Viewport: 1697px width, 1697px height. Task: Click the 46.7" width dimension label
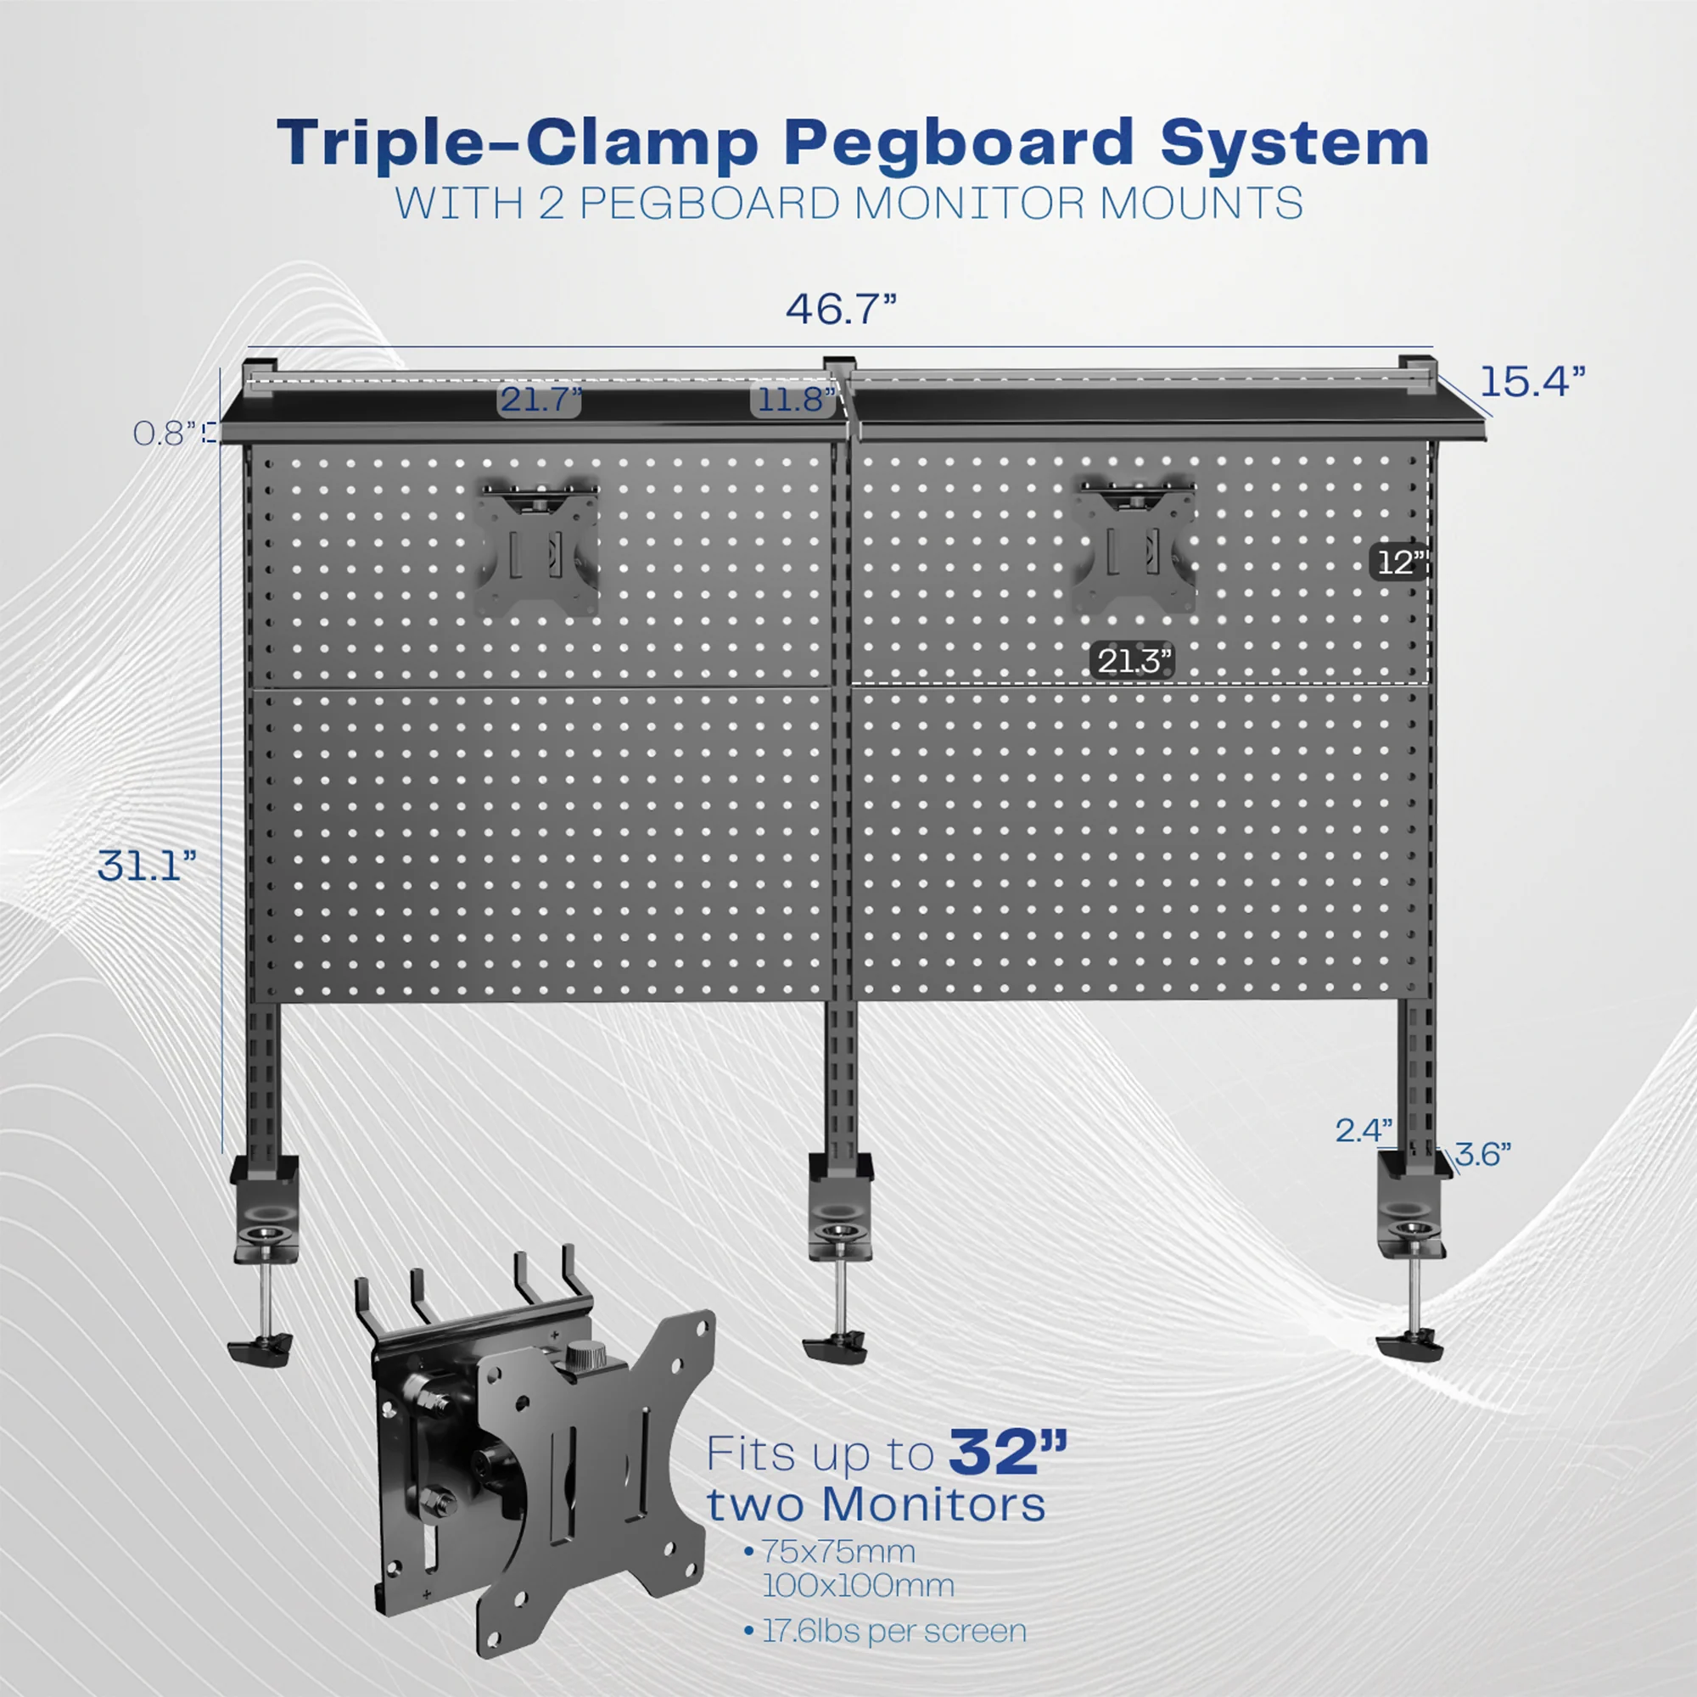point(841,309)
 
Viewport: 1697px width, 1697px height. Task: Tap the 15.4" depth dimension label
point(1532,381)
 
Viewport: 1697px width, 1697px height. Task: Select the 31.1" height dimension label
point(147,866)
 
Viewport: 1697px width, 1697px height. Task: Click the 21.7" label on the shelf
point(540,400)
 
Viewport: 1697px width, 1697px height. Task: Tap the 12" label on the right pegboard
point(1397,563)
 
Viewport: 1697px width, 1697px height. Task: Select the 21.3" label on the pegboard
point(1132,660)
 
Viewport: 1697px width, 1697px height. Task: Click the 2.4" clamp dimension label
point(1364,1130)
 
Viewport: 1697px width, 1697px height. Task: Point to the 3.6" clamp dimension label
point(1483,1154)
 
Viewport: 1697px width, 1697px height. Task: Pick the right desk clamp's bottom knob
point(1409,1346)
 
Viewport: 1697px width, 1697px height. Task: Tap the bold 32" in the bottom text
point(1007,1453)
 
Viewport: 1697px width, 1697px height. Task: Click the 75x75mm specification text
point(838,1551)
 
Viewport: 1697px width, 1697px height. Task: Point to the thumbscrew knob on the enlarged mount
point(580,1380)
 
